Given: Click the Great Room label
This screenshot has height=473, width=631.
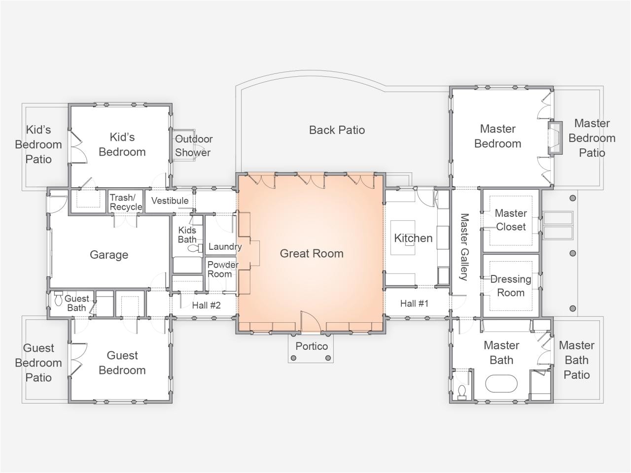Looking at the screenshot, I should pyautogui.click(x=312, y=253).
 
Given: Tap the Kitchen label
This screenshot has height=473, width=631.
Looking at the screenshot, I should pyautogui.click(x=413, y=238).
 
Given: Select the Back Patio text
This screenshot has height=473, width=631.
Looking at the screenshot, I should pyautogui.click(x=337, y=130).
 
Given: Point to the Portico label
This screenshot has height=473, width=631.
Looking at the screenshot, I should pyautogui.click(x=312, y=346).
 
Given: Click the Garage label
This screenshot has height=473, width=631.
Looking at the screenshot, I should pyautogui.click(x=109, y=255).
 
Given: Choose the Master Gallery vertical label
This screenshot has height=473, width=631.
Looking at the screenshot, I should pyautogui.click(x=463, y=246).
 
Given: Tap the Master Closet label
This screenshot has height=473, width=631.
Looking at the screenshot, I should pyautogui.click(x=511, y=220).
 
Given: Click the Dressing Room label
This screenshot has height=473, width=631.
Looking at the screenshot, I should pyautogui.click(x=511, y=286).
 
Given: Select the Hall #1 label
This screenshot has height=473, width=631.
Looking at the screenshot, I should pyautogui.click(x=414, y=304).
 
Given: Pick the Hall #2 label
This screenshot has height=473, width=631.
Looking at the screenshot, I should pyautogui.click(x=207, y=305).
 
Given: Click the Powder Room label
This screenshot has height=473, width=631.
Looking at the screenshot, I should pyautogui.click(x=222, y=269).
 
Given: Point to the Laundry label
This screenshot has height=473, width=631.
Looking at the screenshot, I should pyautogui.click(x=225, y=247).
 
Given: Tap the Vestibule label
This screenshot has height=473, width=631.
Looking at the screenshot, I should pyautogui.click(x=170, y=201).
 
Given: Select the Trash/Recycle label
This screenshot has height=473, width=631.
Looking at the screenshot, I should pyautogui.click(x=126, y=203).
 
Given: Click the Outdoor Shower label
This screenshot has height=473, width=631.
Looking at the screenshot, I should pyautogui.click(x=193, y=146).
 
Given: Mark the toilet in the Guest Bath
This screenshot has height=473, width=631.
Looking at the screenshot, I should pyautogui.click(x=59, y=299).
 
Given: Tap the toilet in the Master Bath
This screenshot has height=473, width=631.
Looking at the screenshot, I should pyautogui.click(x=462, y=391).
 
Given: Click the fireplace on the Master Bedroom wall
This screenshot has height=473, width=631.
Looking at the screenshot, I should pyautogui.click(x=555, y=138).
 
